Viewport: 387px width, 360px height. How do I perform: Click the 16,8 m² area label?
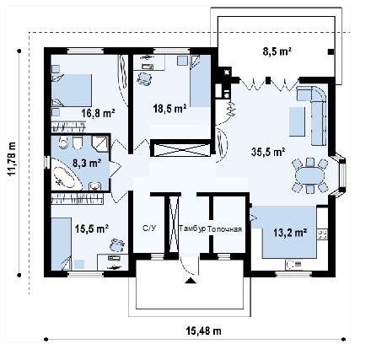(x=98, y=114)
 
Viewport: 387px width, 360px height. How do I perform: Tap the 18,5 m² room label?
(x=169, y=109)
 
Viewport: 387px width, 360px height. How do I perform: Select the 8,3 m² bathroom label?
(x=87, y=163)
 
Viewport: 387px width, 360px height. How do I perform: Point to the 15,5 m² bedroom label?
(x=92, y=228)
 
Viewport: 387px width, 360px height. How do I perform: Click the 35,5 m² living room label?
(x=268, y=152)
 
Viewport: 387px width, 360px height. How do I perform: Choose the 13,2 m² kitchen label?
(x=290, y=233)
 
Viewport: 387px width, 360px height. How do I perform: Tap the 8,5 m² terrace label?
(x=277, y=51)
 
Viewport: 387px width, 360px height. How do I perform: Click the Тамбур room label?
(x=193, y=228)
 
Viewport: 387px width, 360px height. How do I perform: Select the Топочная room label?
(x=225, y=229)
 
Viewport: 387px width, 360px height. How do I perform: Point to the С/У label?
(x=149, y=228)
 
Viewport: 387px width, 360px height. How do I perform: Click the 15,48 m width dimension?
(x=203, y=331)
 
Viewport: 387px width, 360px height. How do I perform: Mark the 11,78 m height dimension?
(x=12, y=159)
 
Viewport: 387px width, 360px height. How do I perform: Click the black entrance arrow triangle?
(x=191, y=281)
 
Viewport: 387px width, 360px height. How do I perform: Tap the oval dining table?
(x=309, y=176)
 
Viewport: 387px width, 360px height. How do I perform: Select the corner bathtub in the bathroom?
(x=67, y=175)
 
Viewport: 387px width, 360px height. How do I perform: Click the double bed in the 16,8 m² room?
(x=72, y=90)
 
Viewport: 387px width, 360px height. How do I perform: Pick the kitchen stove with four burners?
(x=323, y=234)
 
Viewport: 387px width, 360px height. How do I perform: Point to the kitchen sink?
(x=294, y=265)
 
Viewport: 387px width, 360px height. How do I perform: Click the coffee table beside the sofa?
(x=297, y=121)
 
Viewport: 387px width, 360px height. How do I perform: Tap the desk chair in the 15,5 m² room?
(x=116, y=245)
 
